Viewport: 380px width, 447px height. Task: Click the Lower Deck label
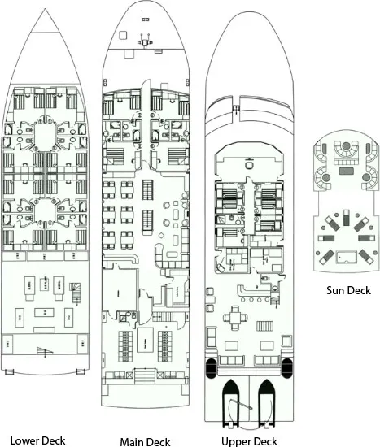coord(37,440)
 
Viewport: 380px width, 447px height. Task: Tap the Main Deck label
coord(145,442)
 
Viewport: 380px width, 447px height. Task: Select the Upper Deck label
coord(249,441)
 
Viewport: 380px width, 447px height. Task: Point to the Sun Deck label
coord(348,290)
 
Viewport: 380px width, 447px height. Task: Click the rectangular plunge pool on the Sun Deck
coord(346,257)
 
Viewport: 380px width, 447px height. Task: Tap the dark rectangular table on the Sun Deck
coord(346,171)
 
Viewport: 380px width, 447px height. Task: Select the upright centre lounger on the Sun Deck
coord(346,218)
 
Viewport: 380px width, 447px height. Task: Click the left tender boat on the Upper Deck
coord(230,403)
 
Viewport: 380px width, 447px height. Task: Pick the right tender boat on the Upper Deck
coord(266,403)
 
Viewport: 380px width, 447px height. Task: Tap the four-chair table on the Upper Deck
coord(235,317)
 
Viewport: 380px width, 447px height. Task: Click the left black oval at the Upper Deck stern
coord(211,368)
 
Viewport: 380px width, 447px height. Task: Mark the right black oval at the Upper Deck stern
coord(287,368)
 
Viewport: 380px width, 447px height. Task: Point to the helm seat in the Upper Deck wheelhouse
coord(249,165)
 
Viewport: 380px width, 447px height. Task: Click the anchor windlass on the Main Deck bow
coord(145,41)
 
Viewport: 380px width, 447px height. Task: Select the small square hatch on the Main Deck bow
coord(123,35)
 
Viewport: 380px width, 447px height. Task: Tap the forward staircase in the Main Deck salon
coord(147,189)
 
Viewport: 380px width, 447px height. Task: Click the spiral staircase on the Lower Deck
coord(75,293)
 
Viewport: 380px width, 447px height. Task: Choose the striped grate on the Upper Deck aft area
coord(264,326)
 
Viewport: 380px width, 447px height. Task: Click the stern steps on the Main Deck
coord(146,376)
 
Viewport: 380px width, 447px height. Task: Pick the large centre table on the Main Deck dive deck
coord(145,340)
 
